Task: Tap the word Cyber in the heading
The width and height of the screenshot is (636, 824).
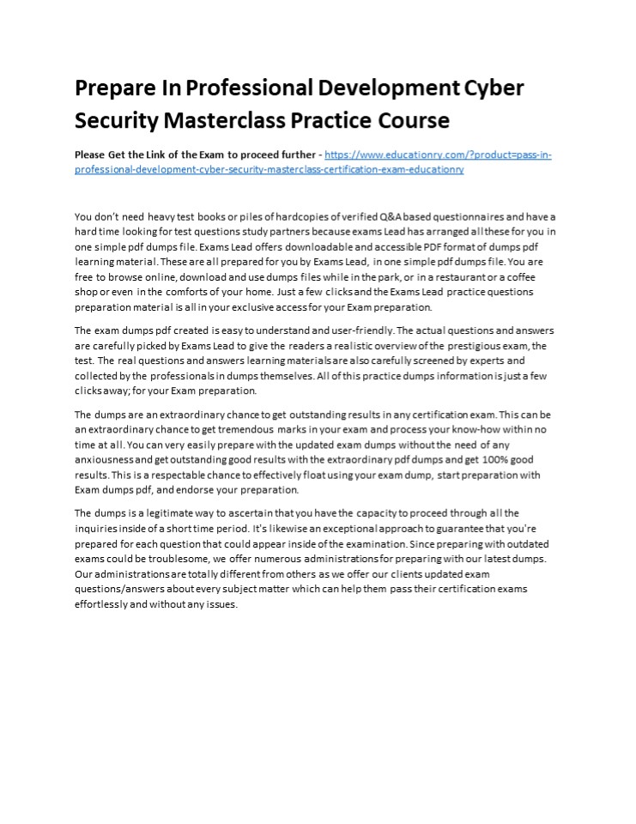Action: pos(494,88)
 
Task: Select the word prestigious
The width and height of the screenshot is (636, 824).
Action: pos(473,346)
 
